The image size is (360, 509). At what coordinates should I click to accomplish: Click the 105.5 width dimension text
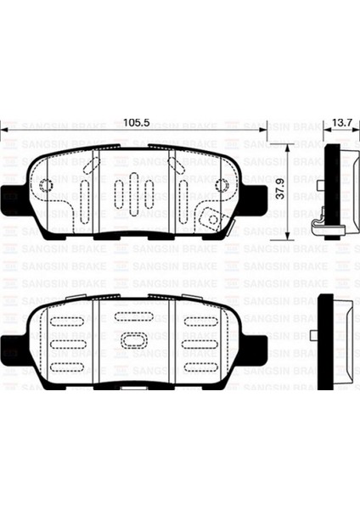[x=136, y=124]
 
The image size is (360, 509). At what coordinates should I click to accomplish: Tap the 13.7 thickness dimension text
[x=342, y=124]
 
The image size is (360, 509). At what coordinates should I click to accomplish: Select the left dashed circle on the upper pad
[x=47, y=186]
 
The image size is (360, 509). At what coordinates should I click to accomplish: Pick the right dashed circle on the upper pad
[x=222, y=186]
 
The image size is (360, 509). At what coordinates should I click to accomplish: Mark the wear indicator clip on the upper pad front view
[x=207, y=216]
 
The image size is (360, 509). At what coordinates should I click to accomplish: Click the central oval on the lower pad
[x=135, y=342]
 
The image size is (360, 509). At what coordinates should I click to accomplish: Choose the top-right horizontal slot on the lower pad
[x=200, y=322]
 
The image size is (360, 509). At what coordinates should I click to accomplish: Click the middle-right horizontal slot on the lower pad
[x=200, y=344]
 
